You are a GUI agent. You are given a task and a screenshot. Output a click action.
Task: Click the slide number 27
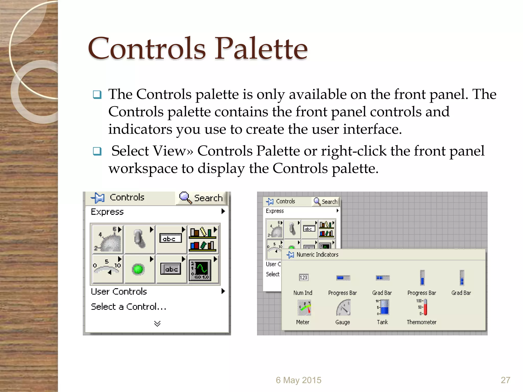pyautogui.click(x=505, y=380)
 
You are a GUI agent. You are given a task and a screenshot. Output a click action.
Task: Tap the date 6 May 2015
pyautogui.click(x=298, y=380)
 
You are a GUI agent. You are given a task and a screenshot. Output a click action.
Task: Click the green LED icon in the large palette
pyautogui.click(x=138, y=269)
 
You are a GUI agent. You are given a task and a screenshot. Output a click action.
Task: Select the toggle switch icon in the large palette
pyautogui.click(x=139, y=239)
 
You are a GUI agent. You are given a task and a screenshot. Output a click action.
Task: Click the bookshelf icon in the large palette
pyautogui.click(x=202, y=239)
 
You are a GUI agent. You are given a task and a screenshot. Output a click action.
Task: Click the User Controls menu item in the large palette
pyautogui.click(x=119, y=291)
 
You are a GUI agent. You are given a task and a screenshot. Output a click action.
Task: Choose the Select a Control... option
pyautogui.click(x=128, y=307)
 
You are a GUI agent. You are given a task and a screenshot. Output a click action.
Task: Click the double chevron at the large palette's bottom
pyautogui.click(x=157, y=324)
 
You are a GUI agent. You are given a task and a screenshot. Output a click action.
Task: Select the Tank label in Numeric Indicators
pyautogui.click(x=382, y=322)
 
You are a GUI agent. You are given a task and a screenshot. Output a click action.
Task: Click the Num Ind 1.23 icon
pyautogui.click(x=303, y=277)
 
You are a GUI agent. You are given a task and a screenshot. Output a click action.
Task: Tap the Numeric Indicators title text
pyautogui.click(x=317, y=254)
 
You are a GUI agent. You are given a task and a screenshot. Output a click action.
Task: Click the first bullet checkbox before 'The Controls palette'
pyautogui.click(x=97, y=95)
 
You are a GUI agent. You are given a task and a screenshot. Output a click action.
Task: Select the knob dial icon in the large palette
pyautogui.click(x=108, y=239)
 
